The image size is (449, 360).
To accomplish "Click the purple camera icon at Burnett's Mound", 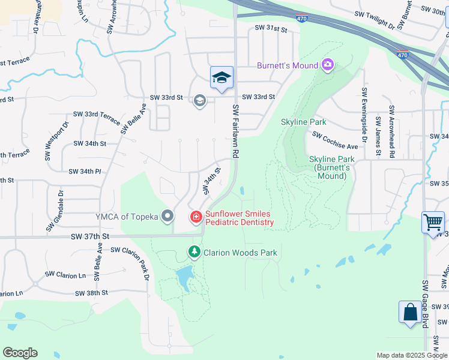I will [327, 65].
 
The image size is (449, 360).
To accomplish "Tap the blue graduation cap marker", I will [221, 78].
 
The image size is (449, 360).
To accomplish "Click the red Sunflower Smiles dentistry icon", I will [196, 217].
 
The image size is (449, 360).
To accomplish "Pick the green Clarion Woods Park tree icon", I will [194, 252].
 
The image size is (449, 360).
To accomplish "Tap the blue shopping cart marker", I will [433, 223].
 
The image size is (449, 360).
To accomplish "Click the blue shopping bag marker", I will [411, 313].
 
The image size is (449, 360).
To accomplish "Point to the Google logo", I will [20, 353].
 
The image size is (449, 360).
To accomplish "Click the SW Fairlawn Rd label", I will [235, 131].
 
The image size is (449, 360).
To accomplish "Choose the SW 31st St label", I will [271, 28].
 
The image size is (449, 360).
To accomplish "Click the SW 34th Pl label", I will [85, 172].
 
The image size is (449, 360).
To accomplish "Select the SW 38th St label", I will [91, 293].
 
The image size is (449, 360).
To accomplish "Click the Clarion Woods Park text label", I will [241, 253].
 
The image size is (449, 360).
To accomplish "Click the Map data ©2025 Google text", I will [412, 355].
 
